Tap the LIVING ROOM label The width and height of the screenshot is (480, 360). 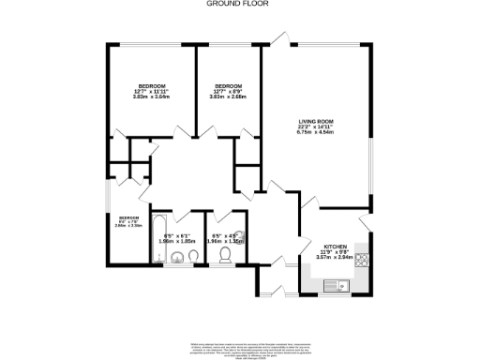315,122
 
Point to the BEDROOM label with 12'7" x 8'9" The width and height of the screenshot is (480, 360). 227,85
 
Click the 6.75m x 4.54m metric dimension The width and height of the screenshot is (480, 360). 315,133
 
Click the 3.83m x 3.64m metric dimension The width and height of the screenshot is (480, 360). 151,97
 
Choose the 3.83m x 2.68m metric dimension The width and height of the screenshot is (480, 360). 227,97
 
